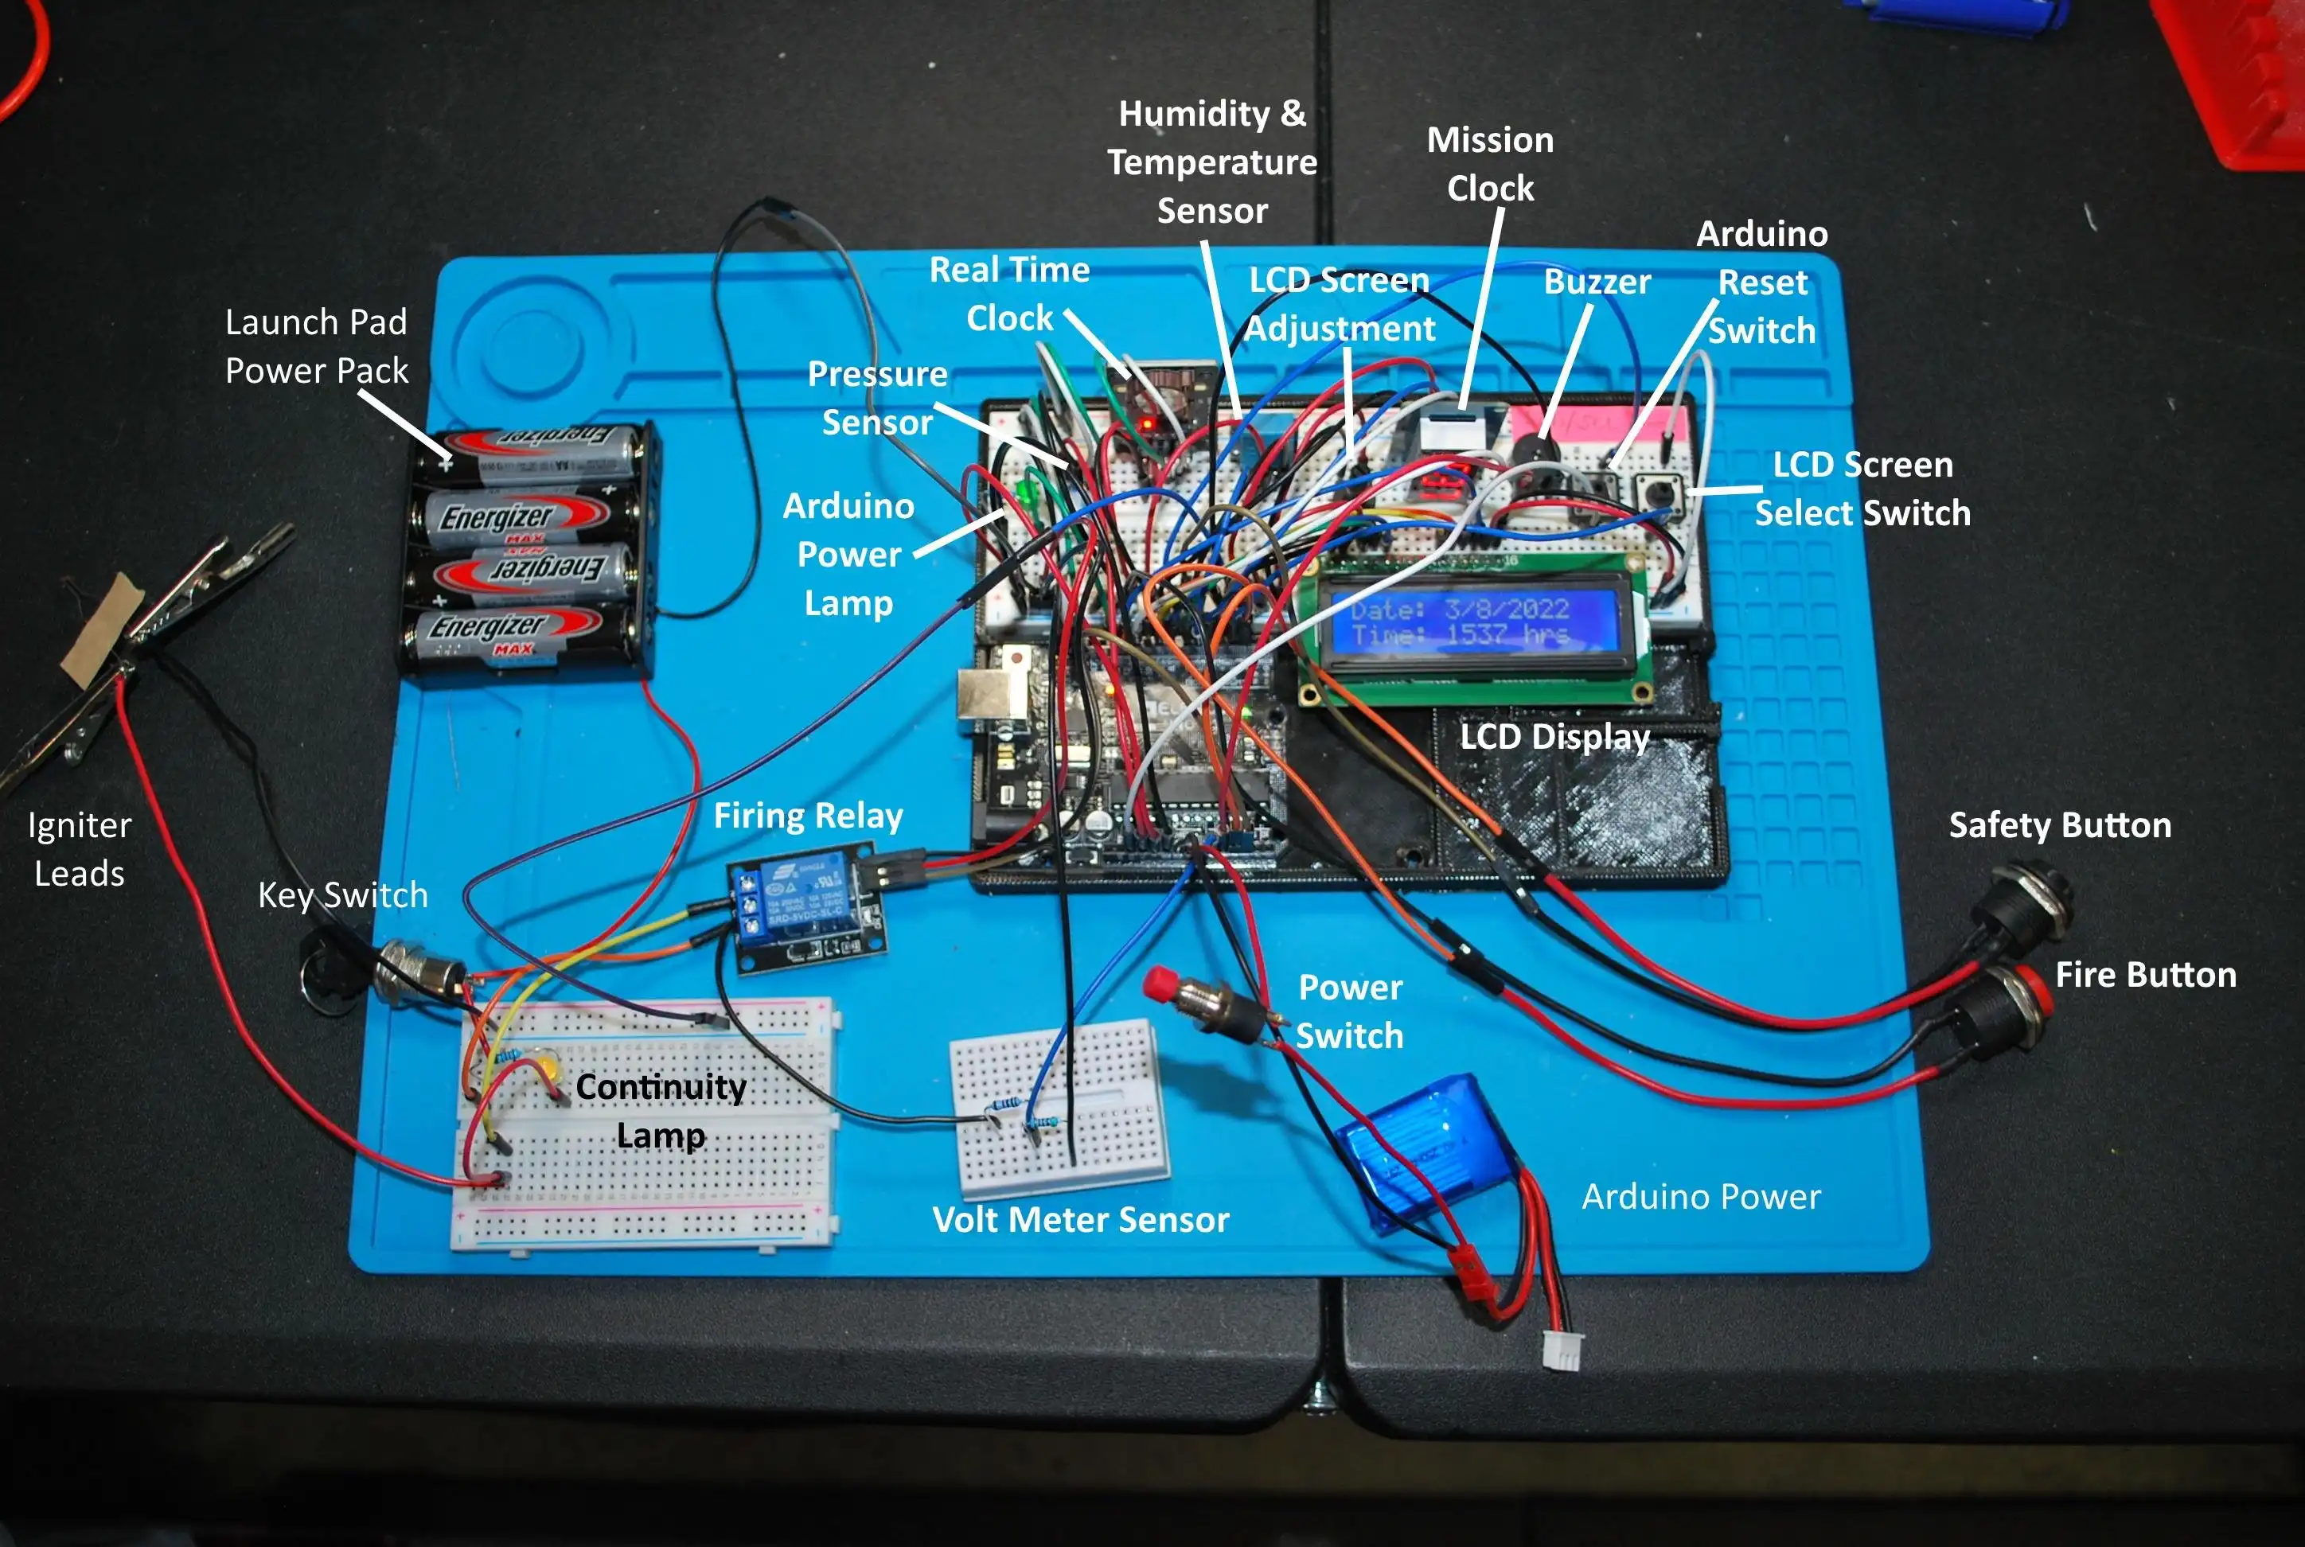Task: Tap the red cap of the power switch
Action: (1160, 983)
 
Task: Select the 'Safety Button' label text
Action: (2059, 824)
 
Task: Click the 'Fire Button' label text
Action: (2145, 975)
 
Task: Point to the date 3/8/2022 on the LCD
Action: (1506, 609)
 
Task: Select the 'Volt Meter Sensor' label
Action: (1081, 1219)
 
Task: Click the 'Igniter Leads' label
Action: (79, 848)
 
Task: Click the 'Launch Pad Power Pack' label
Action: (316, 345)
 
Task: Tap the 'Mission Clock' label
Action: (1490, 164)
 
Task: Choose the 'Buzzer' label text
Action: (1597, 283)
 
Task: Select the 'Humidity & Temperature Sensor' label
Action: (1211, 162)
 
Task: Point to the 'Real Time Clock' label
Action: (1008, 293)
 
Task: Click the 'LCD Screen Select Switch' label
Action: (1862, 489)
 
